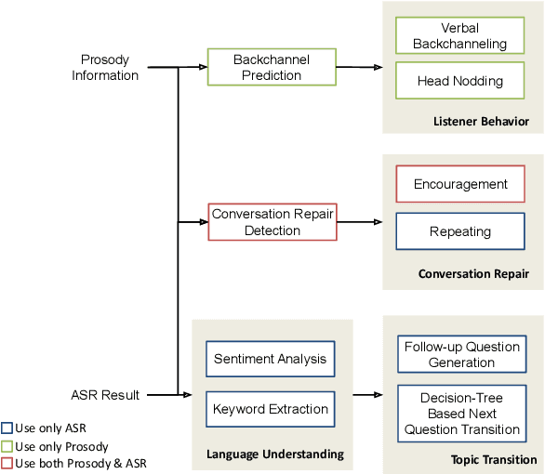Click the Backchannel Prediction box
click(272, 67)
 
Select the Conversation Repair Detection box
click(272, 222)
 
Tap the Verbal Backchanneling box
click(459, 35)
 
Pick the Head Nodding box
click(459, 81)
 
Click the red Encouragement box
click(460, 184)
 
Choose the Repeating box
click(460, 231)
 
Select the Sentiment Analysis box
click(271, 359)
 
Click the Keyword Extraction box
click(271, 408)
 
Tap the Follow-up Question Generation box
click(461, 354)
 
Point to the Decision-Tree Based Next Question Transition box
click(461, 414)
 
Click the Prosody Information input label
click(105, 67)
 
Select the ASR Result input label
click(105, 395)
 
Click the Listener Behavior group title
click(481, 122)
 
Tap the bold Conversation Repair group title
click(473, 274)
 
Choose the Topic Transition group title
click(494, 459)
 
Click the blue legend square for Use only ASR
click(7, 429)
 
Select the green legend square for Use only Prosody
click(7, 446)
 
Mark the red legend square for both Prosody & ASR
click(7, 463)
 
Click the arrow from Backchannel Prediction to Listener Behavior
click(359, 67)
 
